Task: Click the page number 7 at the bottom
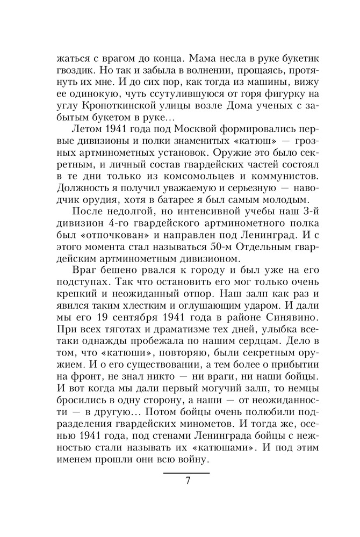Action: coord(188,480)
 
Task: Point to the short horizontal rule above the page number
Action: coord(186,473)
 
